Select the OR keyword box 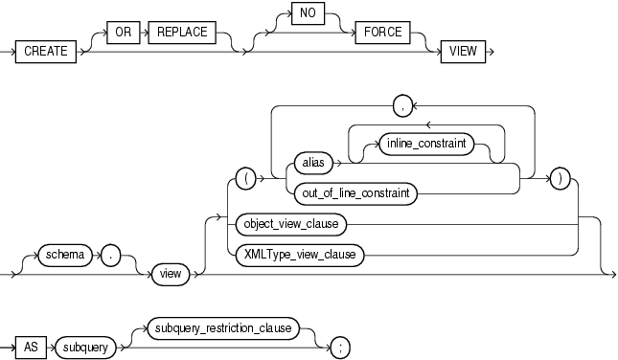pos(122,32)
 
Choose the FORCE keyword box pos(381,32)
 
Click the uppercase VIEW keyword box pos(458,52)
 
